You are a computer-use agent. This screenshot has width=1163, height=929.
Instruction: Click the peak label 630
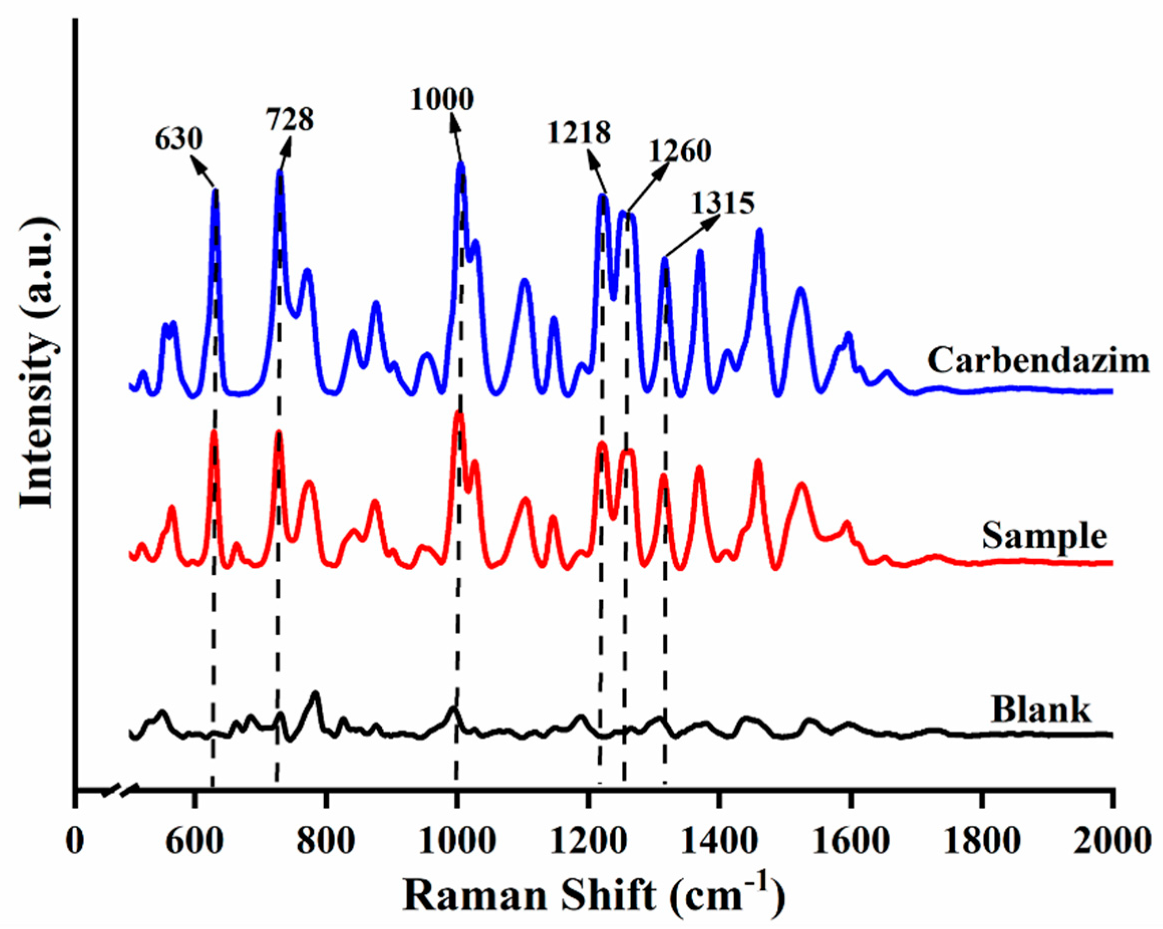coord(179,140)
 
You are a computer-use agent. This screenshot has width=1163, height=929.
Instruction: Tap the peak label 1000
coord(441,100)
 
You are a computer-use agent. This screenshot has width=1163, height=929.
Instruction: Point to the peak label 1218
coord(579,133)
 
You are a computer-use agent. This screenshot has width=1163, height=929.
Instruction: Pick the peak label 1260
coord(680,151)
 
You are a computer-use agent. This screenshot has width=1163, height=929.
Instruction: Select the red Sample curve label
coord(1044,536)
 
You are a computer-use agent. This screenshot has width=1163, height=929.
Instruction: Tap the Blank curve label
coord(1041,710)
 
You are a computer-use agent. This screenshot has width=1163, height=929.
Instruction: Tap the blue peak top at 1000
coord(461,164)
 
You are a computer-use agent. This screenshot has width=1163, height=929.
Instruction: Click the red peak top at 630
coord(214,433)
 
